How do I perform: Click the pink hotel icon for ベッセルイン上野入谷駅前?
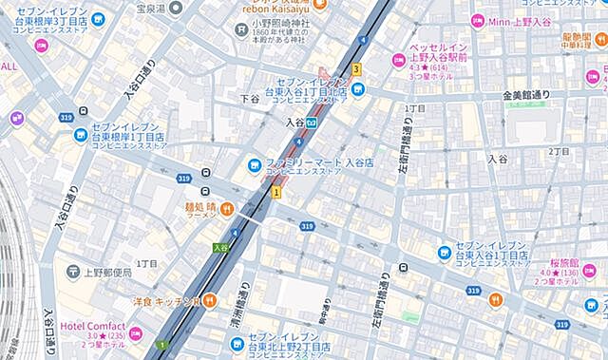[397, 61]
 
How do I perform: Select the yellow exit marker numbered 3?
[356, 69]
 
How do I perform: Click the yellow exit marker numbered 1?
[276, 192]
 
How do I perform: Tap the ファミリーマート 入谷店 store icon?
[254, 162]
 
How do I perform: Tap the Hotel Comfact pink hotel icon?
[135, 333]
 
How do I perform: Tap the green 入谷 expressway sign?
[220, 248]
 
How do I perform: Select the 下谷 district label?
[250, 98]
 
